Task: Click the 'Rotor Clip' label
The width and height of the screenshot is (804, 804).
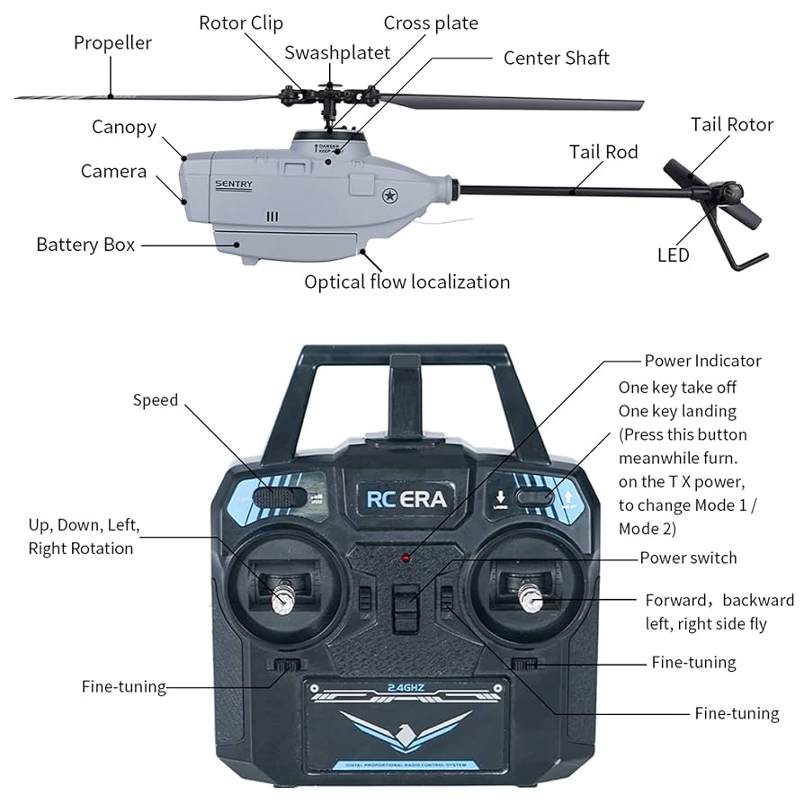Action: click(x=240, y=22)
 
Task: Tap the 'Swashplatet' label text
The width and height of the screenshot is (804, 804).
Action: click(x=337, y=53)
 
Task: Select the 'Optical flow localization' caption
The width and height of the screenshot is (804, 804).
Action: click(x=406, y=282)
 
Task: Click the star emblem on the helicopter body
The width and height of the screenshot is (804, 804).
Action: click(x=390, y=195)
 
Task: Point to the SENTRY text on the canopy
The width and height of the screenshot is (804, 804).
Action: click(x=234, y=184)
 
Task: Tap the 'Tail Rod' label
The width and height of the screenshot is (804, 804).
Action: click(x=603, y=152)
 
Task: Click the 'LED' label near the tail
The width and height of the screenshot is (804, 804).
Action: click(x=673, y=255)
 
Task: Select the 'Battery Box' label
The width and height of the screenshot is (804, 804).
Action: click(x=85, y=245)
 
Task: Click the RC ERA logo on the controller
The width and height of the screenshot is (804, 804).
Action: click(x=406, y=499)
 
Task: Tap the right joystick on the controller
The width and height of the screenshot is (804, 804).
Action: click(x=530, y=597)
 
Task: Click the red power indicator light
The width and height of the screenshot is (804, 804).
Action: click(x=406, y=558)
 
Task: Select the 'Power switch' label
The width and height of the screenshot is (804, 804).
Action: click(x=688, y=558)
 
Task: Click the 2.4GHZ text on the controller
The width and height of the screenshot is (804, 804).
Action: click(x=406, y=688)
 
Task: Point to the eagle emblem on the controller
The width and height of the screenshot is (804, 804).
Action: click(x=406, y=727)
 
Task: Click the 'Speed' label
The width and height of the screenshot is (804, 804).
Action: click(x=156, y=400)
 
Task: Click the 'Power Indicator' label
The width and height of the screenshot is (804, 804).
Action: click(x=702, y=361)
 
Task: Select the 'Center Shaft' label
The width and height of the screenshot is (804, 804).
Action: click(x=556, y=58)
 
